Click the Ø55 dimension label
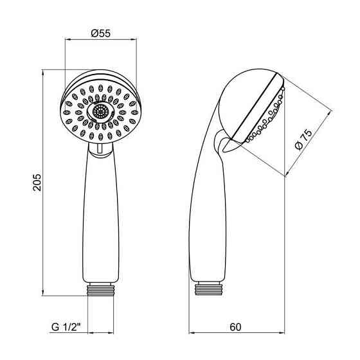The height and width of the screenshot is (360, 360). [x=100, y=33]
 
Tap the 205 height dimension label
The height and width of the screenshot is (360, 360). [x=37, y=183]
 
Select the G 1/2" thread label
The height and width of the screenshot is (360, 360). [x=66, y=327]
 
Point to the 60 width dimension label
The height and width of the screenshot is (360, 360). [x=235, y=327]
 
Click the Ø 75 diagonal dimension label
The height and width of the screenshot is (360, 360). [x=303, y=139]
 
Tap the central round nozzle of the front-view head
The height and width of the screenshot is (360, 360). [x=100, y=112]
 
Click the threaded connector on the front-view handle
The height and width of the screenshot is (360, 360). [x=100, y=289]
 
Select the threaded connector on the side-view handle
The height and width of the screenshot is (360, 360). [x=209, y=289]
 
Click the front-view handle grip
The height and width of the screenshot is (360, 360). [x=100, y=213]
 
